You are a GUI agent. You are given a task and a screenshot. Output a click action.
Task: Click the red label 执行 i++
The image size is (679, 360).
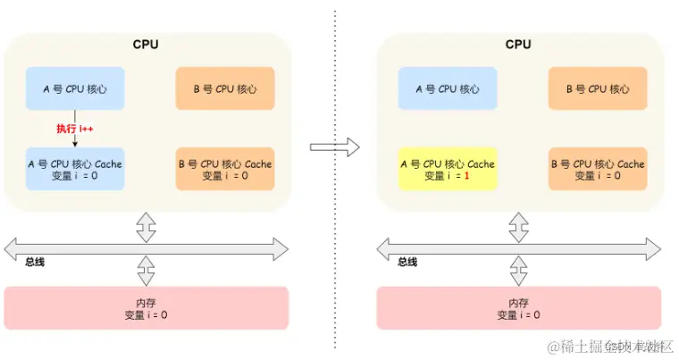click(75, 129)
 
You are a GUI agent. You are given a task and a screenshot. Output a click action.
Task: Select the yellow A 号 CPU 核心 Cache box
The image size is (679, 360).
click(446, 169)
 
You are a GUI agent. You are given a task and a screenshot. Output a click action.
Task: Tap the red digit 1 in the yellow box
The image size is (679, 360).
click(465, 176)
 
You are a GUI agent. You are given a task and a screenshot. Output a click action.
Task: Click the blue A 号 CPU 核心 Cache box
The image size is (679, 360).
click(74, 169)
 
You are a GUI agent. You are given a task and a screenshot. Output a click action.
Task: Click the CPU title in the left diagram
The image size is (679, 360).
click(146, 44)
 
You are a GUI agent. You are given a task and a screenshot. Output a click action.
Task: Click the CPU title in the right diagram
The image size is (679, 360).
click(518, 44)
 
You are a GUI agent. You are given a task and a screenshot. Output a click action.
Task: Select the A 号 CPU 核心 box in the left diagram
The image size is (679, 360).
click(74, 88)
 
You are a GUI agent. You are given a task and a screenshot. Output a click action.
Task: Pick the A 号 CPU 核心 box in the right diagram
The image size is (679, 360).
click(446, 88)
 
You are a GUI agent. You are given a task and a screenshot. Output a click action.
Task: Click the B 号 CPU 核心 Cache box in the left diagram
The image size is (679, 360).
click(223, 169)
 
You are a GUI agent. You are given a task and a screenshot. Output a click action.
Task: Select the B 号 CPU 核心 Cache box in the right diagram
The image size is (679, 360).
click(596, 169)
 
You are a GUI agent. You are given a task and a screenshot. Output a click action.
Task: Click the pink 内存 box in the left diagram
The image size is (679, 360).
click(146, 308)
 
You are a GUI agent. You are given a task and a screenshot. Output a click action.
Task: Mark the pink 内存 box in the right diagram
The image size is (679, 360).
click(518, 308)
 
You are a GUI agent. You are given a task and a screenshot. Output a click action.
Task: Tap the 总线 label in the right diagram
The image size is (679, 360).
click(407, 262)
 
